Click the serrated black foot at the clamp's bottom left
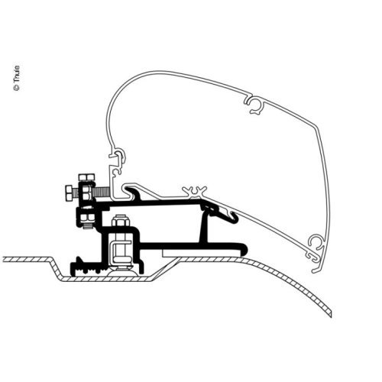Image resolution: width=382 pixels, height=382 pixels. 79,267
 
